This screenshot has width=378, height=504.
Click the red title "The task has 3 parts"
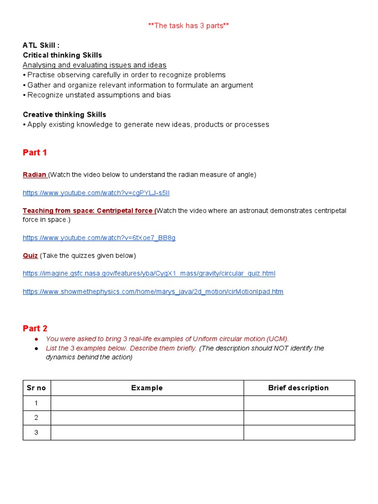(189, 26)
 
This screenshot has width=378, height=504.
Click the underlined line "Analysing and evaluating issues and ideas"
(94, 65)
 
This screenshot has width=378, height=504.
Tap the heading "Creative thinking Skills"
(64, 115)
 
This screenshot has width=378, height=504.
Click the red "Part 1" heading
(35, 153)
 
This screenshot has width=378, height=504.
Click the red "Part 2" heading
(35, 328)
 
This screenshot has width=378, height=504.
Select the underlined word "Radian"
(34, 175)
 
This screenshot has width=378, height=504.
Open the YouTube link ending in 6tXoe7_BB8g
(99, 238)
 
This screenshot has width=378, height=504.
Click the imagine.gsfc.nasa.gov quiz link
(149, 273)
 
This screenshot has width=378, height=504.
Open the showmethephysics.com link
(153, 291)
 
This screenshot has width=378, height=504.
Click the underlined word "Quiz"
(30, 255)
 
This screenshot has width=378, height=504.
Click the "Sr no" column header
(36, 388)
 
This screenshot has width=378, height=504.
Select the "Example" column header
(147, 388)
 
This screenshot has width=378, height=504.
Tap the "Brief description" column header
(298, 388)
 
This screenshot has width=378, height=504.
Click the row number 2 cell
(36, 418)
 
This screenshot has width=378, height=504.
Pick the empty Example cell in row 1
(147, 403)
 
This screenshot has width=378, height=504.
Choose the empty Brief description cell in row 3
(299, 433)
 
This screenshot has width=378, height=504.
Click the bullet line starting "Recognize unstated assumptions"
(98, 95)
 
